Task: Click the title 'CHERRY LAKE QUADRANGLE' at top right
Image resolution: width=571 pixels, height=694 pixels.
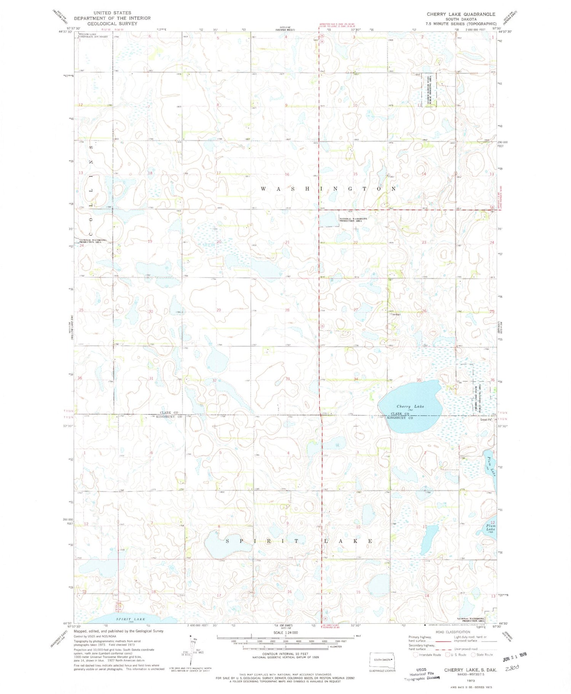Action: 461,14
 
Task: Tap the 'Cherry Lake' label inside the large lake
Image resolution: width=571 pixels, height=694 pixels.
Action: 410,406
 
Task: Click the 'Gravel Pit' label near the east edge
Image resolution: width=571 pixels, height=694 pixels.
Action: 486,420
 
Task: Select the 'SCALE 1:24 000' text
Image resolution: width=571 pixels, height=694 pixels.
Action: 285,632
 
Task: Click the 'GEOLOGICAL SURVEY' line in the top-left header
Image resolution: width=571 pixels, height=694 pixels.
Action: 112,24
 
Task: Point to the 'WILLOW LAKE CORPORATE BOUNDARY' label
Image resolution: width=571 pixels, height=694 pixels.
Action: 93,35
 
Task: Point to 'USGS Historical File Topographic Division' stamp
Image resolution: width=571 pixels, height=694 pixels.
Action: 421,673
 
